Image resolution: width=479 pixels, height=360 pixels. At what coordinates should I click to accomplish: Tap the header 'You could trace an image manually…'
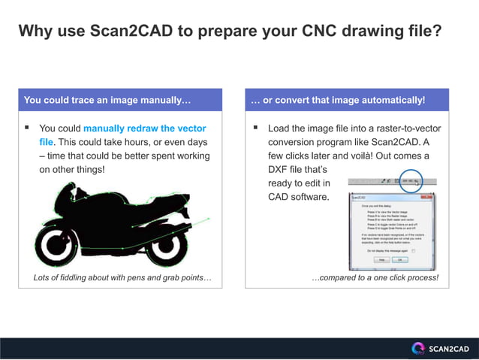[x=107, y=100]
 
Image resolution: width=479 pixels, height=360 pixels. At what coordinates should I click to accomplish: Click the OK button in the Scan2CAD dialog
[x=400, y=259]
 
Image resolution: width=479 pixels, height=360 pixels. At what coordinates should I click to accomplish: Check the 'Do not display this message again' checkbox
[x=413, y=250]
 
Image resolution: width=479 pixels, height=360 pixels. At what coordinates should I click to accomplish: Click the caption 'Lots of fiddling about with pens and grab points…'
[x=122, y=279]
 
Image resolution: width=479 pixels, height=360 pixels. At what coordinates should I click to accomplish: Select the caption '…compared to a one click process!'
[x=375, y=279]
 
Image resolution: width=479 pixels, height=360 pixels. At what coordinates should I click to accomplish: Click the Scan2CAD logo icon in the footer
[x=418, y=348]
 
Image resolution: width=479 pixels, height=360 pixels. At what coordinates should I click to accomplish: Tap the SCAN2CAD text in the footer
[x=448, y=348]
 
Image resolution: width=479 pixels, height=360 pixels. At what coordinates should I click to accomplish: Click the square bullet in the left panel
[x=27, y=129]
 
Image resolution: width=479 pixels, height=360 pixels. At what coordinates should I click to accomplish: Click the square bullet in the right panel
[x=255, y=129]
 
